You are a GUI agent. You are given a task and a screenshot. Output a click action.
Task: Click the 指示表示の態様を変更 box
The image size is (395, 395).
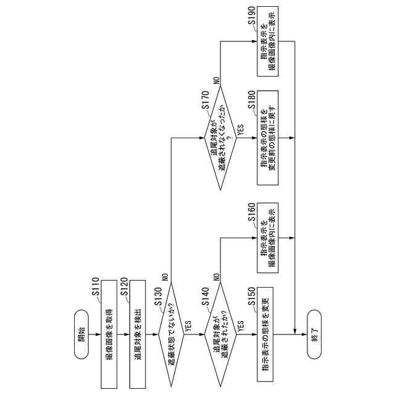265,336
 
